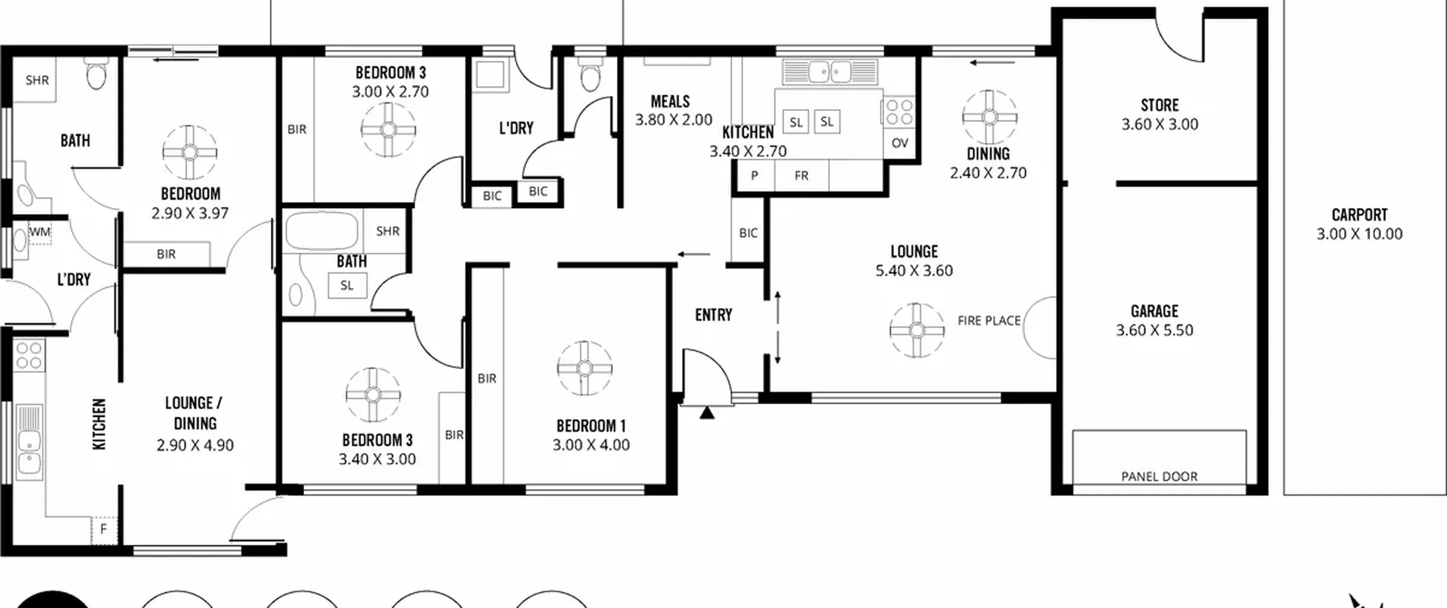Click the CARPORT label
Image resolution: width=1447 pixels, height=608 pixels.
tap(1359, 215)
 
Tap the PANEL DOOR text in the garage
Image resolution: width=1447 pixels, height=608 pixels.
tap(1159, 477)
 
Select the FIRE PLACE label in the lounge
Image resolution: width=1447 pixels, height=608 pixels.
tap(989, 321)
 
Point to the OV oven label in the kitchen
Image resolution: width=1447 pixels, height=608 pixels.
tap(900, 143)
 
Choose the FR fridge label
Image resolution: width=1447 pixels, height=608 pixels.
tap(801, 176)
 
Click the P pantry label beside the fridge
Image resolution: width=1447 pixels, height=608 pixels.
tap(754, 176)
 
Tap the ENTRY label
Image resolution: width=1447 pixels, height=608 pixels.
tap(713, 314)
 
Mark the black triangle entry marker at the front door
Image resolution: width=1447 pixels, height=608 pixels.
tap(707, 412)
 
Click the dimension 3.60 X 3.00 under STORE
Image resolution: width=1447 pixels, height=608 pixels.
tap(1160, 124)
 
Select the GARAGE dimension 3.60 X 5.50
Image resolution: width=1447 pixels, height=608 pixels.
tap(1155, 330)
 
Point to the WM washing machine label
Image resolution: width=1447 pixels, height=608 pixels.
tap(39, 232)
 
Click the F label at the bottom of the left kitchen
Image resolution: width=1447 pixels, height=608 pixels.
tap(103, 529)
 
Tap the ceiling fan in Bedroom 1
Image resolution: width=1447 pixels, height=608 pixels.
tap(584, 369)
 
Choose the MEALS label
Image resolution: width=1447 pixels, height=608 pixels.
tap(670, 102)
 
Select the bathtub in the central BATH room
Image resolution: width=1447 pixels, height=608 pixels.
tap(322, 231)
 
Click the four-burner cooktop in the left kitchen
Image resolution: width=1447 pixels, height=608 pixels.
tap(29, 355)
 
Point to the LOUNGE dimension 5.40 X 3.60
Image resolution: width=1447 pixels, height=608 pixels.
tap(915, 271)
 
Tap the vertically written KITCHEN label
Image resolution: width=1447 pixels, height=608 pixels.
tap(99, 424)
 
